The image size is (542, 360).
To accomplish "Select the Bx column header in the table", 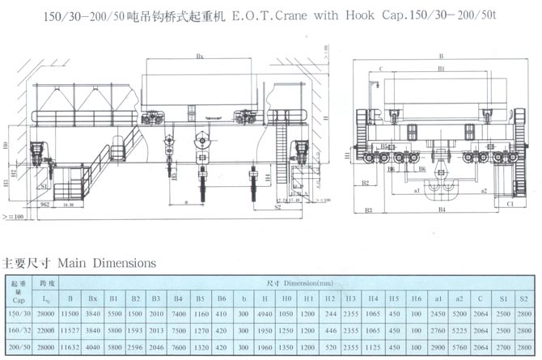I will click(x=93, y=299).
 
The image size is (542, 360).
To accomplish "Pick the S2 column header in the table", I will click(x=525, y=299).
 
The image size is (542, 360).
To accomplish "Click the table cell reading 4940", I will click(x=265, y=313).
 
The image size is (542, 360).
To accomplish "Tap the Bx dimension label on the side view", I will click(x=199, y=57).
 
